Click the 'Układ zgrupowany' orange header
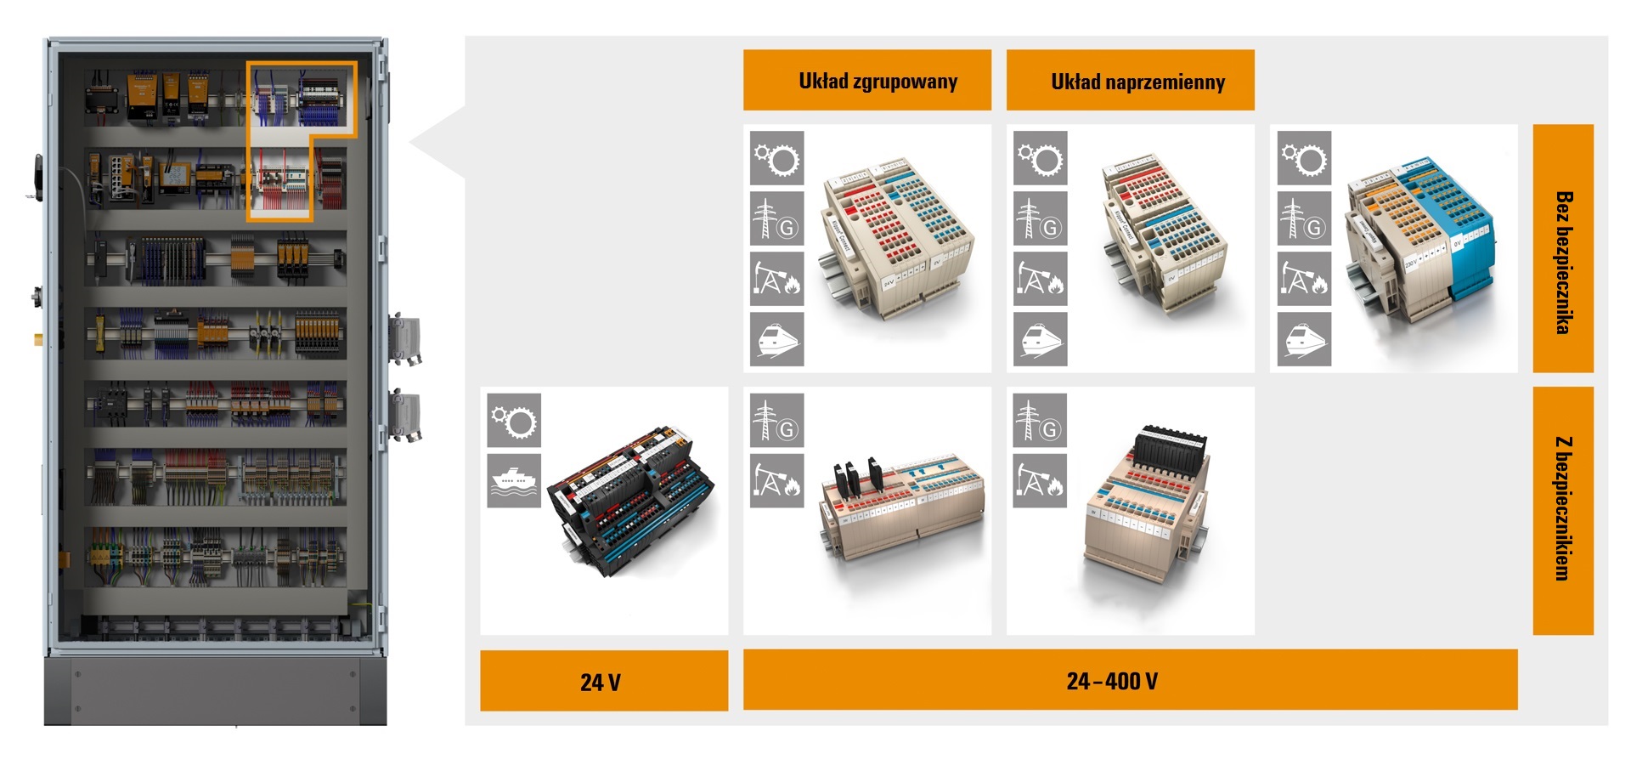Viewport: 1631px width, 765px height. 866,80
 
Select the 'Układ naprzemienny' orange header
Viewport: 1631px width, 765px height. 1130,80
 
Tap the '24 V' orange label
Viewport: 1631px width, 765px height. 603,681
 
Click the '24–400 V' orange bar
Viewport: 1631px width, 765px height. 1130,680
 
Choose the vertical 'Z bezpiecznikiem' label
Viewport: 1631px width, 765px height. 1562,510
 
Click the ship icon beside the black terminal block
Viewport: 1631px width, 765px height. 514,481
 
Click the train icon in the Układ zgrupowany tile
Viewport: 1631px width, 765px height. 776,339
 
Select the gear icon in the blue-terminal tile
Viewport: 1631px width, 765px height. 1304,158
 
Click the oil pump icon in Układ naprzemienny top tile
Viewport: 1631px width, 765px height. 1040,279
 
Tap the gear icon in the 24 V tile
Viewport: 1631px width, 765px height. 514,421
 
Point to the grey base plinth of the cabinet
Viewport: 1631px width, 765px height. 216,688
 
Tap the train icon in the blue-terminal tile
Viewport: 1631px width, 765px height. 1304,339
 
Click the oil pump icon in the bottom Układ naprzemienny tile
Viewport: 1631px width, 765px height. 1040,481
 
